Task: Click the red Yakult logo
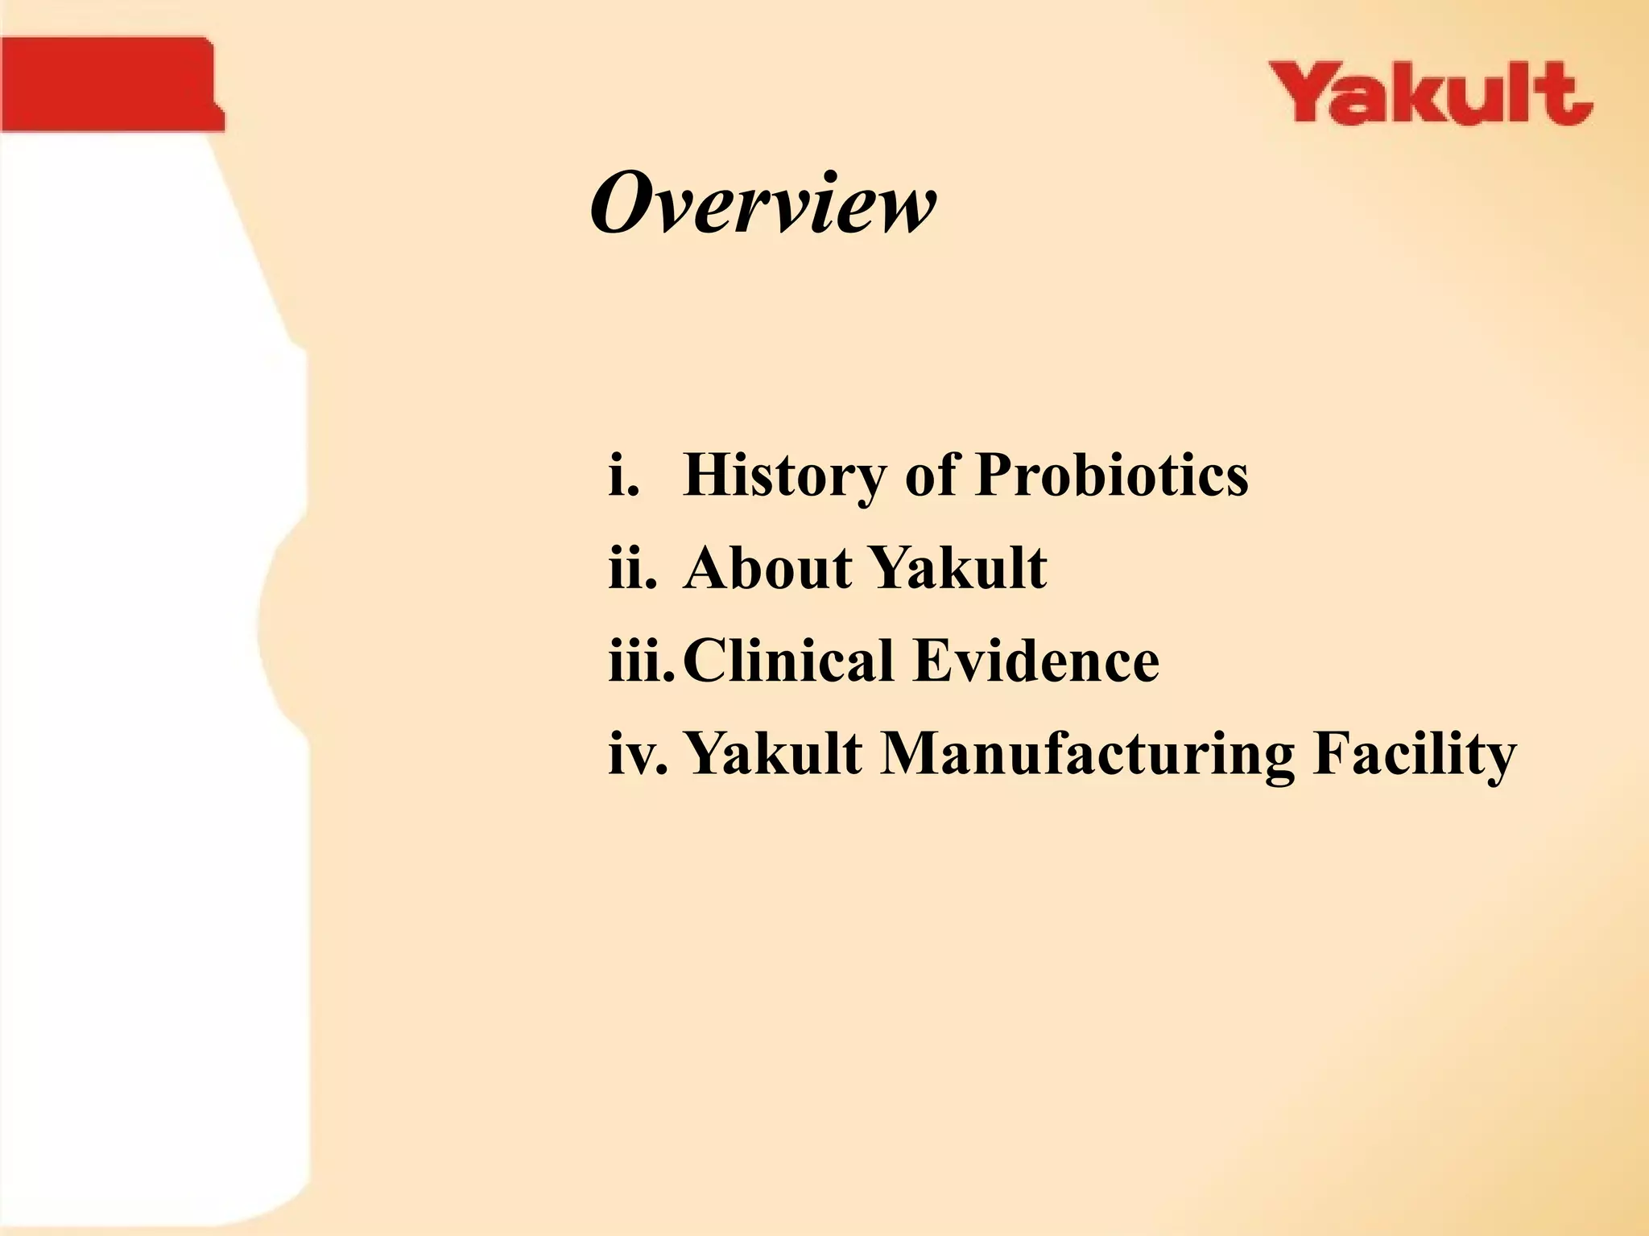[x=1431, y=94]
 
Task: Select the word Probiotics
[x=1112, y=475]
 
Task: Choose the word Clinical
[x=788, y=660]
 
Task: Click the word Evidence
[x=1036, y=660]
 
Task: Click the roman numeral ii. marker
[x=633, y=568]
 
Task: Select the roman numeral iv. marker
[x=639, y=754]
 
